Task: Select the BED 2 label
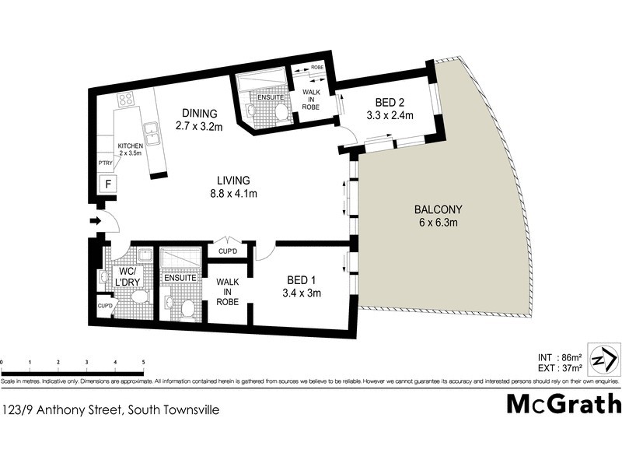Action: coord(388,109)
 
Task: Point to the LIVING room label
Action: coord(232,187)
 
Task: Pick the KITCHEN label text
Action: coord(129,146)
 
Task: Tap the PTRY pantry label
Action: coord(105,163)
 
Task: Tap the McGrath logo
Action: coord(564,404)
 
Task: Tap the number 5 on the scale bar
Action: coord(144,363)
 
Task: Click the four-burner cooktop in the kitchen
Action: coord(126,100)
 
